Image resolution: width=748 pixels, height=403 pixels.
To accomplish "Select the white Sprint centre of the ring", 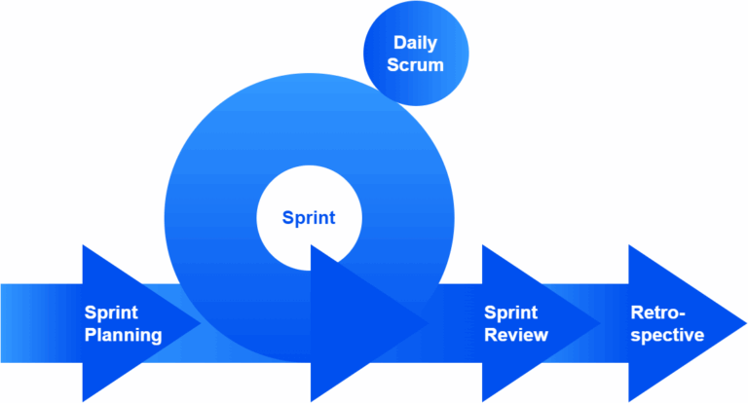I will pos(309,217).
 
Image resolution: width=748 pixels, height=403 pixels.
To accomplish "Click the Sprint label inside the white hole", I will pos(309,217).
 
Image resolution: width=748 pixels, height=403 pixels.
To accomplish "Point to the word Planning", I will pos(123,336).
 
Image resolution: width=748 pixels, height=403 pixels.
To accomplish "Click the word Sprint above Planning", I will pos(110,312).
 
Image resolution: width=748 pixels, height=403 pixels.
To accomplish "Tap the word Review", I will pos(516,336).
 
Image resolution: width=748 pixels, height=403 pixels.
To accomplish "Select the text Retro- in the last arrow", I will pos(659,312).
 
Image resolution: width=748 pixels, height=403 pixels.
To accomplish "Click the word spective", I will pos(667,336).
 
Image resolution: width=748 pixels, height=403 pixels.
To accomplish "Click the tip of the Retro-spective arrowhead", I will pos(743,323).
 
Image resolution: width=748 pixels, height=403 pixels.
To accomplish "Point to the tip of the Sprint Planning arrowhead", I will pos(200,323).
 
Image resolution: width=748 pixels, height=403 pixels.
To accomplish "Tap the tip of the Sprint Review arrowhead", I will pos(600,323).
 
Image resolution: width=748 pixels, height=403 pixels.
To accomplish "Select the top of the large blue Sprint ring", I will pos(309,80).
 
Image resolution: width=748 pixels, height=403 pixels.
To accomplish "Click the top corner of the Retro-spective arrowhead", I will pos(630,246).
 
